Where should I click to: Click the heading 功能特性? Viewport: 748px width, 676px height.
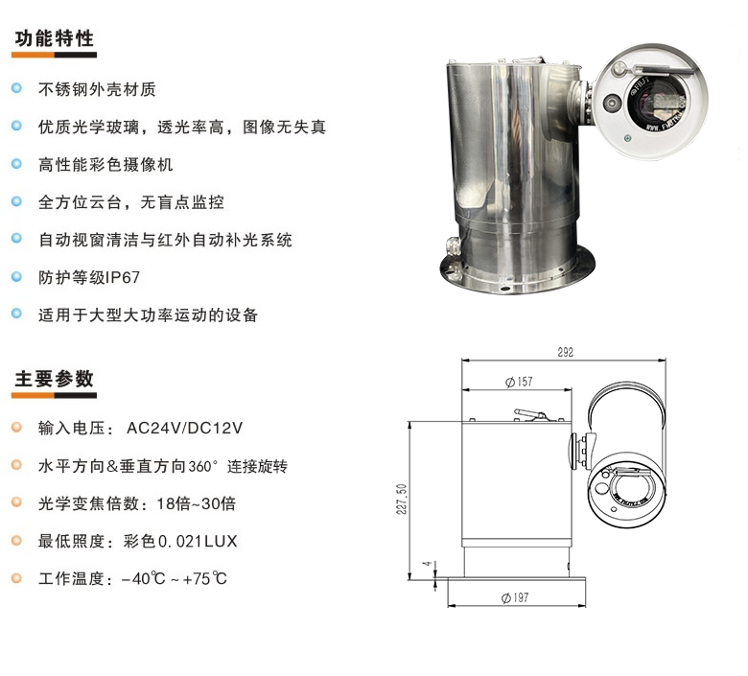pyautogui.click(x=54, y=38)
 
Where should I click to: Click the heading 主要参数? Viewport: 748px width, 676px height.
pyautogui.click(x=54, y=379)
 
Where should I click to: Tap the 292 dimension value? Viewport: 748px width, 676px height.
pyautogui.click(x=565, y=352)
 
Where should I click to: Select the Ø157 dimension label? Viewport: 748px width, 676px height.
pyautogui.click(x=519, y=382)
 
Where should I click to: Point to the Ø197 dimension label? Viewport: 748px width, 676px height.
pyautogui.click(x=515, y=597)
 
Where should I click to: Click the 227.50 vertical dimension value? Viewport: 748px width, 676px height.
pyautogui.click(x=402, y=499)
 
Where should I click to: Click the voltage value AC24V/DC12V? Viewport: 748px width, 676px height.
pyautogui.click(x=185, y=428)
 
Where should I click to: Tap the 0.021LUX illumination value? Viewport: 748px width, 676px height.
pyautogui.click(x=198, y=541)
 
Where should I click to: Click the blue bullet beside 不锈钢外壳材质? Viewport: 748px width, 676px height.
pyautogui.click(x=16, y=88)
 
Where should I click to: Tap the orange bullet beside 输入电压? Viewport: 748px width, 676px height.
pyautogui.click(x=16, y=427)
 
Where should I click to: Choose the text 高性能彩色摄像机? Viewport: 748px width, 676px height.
pyautogui.click(x=105, y=164)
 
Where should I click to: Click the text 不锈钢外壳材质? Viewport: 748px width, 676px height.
pyautogui.click(x=97, y=89)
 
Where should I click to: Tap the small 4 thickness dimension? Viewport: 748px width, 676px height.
pyautogui.click(x=429, y=564)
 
